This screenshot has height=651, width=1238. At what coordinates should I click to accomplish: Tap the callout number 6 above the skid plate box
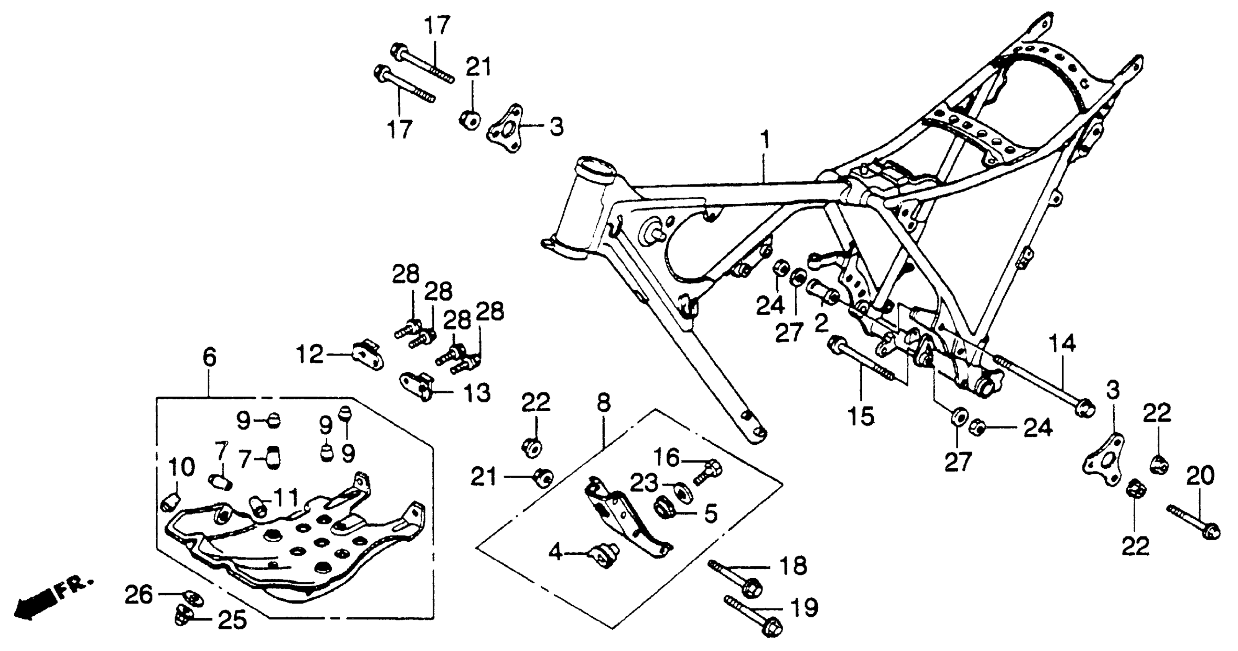pos(209,358)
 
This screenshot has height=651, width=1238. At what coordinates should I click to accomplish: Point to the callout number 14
pos(1062,345)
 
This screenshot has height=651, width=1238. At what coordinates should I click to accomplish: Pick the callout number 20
pos(1200,476)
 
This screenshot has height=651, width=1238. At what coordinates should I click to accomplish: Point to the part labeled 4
pos(606,555)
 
